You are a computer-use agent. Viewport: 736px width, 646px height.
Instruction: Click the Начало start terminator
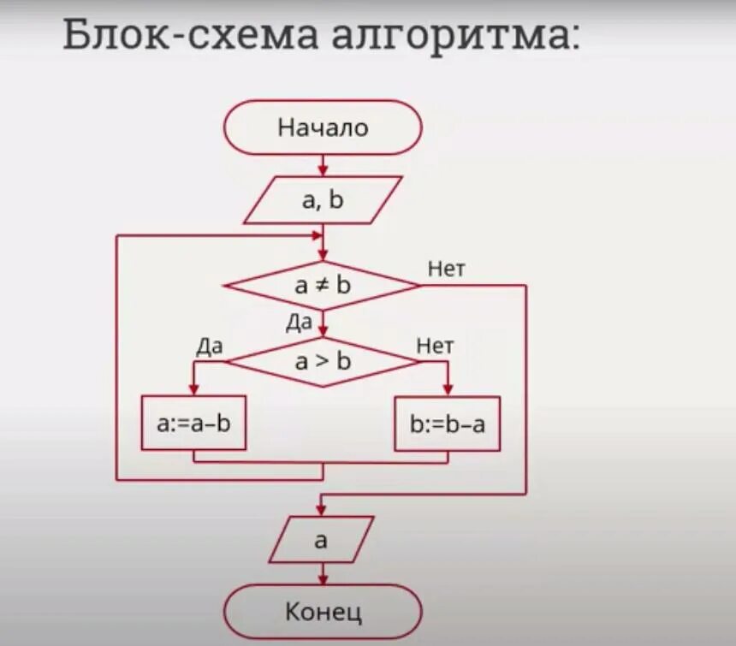pyautogui.click(x=323, y=127)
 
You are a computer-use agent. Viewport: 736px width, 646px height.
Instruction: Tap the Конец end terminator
pyautogui.click(x=323, y=612)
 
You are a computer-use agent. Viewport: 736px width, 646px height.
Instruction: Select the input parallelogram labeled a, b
pyautogui.click(x=323, y=200)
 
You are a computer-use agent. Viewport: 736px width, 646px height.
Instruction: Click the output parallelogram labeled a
pyautogui.click(x=321, y=540)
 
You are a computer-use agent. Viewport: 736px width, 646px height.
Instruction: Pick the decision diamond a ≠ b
pyautogui.click(x=323, y=286)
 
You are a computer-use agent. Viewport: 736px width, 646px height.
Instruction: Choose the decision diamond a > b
pyautogui.click(x=323, y=361)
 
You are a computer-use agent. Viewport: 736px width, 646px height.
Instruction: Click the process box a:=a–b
pyautogui.click(x=194, y=423)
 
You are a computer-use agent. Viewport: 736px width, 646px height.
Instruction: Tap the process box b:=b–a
pyautogui.click(x=447, y=423)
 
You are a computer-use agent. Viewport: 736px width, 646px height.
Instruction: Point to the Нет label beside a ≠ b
pyautogui.click(x=446, y=270)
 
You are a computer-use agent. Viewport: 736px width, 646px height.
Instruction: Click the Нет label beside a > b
pyautogui.click(x=435, y=346)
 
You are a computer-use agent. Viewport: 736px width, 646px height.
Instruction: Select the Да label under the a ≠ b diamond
pyautogui.click(x=300, y=322)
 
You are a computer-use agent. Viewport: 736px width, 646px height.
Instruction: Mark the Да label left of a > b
pyautogui.click(x=210, y=346)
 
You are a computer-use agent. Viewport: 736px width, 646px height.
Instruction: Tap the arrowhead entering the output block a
pyautogui.click(x=323, y=510)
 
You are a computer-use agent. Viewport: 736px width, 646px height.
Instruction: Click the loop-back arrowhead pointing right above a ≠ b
pyautogui.click(x=318, y=234)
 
